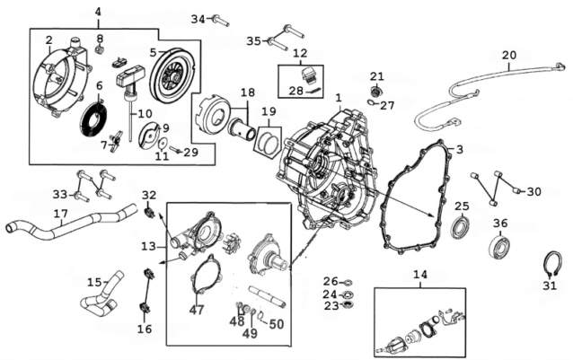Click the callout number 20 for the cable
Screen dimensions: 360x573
[509, 56]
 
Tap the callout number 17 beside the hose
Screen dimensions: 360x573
[61, 214]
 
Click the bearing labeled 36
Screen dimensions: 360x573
[500, 244]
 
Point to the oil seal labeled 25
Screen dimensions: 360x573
[460, 225]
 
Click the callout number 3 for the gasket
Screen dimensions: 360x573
[459, 149]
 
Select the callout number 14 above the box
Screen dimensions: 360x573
[420, 274]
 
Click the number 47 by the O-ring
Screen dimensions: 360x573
[197, 309]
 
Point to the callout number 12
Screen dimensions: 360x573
[300, 53]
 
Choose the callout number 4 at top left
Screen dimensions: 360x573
[98, 11]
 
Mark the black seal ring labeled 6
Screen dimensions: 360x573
[92, 117]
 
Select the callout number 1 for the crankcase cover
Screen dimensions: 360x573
[339, 96]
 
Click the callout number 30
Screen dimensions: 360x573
[534, 191]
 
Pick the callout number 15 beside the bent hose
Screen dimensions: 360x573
[94, 282]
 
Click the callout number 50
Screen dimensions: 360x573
[275, 323]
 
